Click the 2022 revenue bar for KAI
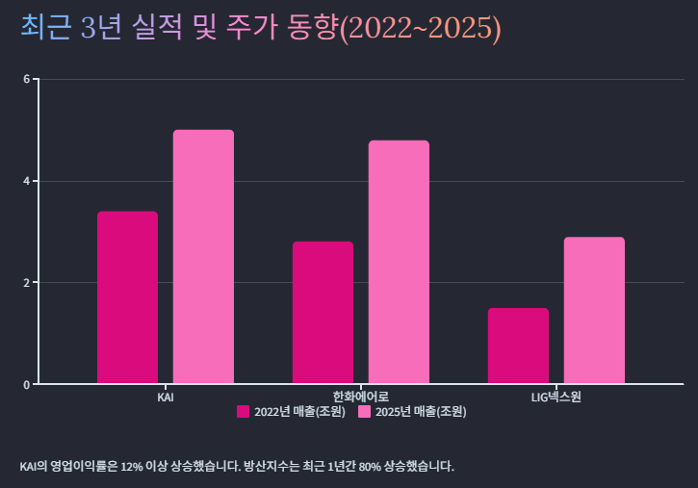127,297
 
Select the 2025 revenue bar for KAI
203,257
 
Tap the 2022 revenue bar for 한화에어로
323,313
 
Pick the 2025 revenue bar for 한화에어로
399,262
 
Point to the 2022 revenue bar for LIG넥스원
518,346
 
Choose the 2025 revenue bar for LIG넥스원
594,310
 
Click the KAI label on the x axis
166,397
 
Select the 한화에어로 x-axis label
360,397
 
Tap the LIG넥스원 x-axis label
556,397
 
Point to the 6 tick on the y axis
26,79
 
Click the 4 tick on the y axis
26,181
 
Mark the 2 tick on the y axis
26,283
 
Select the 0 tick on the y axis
26,385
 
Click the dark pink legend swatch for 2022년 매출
243,412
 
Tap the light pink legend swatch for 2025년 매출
364,412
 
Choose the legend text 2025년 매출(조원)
421,412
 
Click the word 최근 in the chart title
45,28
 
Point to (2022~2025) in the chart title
420,29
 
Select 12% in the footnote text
133,467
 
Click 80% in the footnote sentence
370,467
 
